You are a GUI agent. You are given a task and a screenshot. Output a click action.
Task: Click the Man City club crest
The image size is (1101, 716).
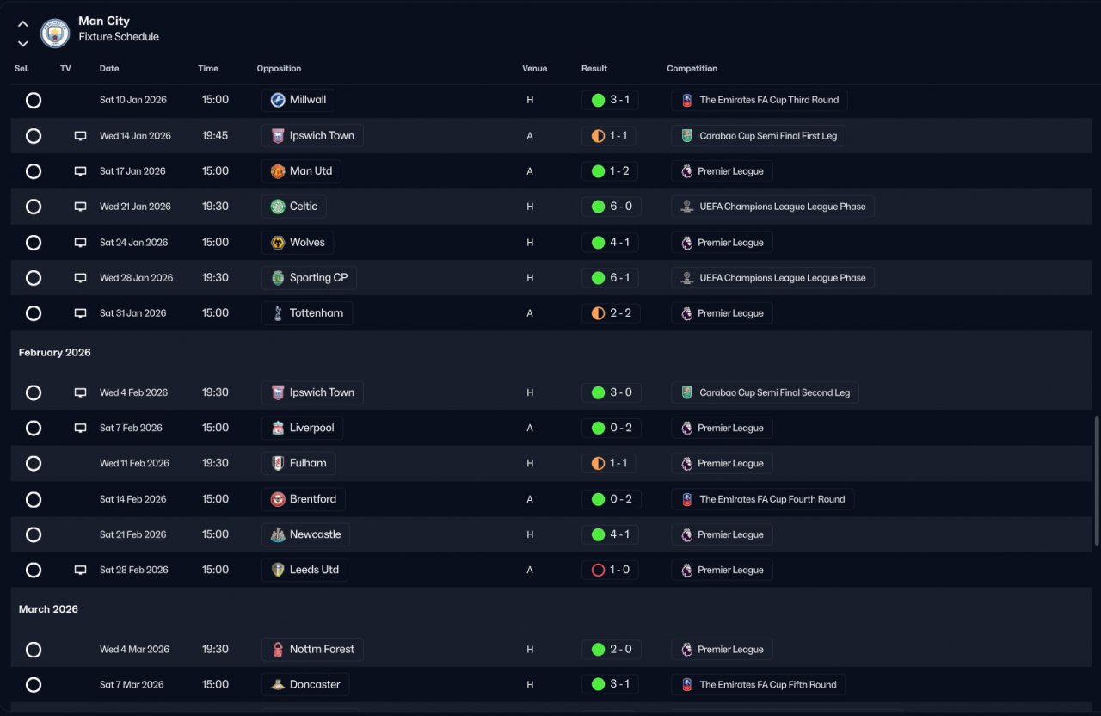[55, 33]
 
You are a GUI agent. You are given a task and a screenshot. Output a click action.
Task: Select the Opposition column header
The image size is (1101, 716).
[279, 69]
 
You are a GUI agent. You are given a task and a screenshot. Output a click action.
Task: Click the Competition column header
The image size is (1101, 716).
[692, 69]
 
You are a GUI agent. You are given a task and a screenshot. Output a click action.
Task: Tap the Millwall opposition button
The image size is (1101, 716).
[298, 100]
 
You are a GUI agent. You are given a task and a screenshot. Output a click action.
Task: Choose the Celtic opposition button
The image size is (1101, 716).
[294, 207]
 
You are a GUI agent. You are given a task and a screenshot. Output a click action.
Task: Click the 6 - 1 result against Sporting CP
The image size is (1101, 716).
[610, 278]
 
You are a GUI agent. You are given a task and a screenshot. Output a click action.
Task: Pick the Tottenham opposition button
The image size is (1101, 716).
[306, 313]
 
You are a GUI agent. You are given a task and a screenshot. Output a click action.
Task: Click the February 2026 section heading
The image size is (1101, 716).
[54, 353]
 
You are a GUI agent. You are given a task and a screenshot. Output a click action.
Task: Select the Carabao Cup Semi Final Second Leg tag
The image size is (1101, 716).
[765, 392]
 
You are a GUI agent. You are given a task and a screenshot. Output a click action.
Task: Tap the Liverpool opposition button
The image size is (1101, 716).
[302, 428]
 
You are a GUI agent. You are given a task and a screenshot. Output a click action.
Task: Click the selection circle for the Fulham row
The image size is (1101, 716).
[34, 464]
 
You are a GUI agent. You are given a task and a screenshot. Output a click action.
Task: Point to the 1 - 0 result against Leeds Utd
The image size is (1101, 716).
[610, 570]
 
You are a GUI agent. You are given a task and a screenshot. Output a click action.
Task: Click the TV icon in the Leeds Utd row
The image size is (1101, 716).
[80, 570]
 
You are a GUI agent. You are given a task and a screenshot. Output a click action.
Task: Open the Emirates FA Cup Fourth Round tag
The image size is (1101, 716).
[762, 499]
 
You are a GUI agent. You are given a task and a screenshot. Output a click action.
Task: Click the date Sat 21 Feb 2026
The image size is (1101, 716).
[132, 534]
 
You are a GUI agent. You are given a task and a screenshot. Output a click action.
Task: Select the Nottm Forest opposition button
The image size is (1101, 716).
[312, 650]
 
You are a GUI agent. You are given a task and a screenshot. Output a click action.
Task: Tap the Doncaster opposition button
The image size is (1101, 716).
[305, 685]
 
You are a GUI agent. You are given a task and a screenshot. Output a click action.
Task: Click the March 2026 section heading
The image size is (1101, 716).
[48, 609]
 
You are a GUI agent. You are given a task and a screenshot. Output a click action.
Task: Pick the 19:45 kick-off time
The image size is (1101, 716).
[215, 136]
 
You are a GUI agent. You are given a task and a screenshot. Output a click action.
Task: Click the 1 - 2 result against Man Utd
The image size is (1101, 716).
[610, 171]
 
